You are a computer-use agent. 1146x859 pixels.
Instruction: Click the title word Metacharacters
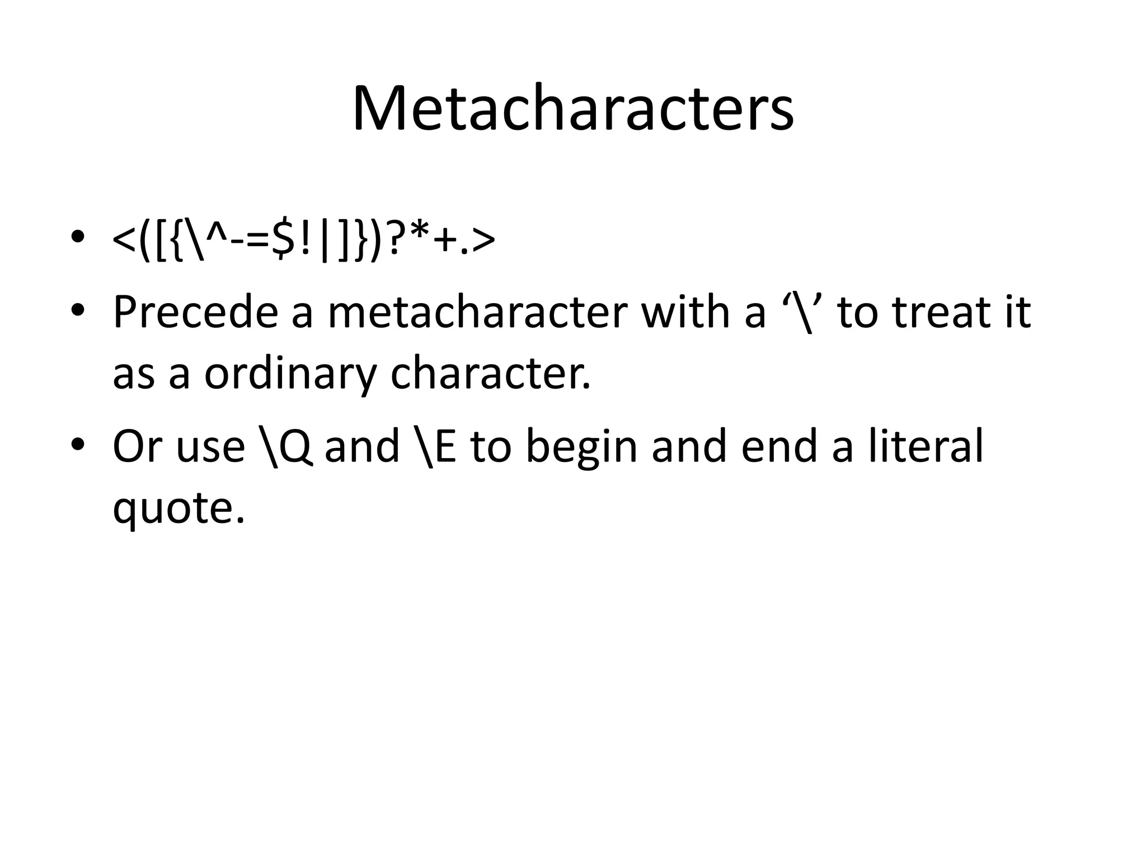coord(572,109)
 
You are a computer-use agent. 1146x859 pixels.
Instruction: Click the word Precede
coord(195,312)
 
